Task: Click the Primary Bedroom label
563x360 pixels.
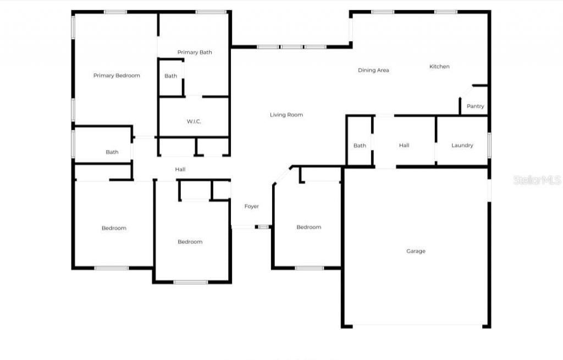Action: (x=117, y=76)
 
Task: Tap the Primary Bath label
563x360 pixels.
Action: (x=195, y=53)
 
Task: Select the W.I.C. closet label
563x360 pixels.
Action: (x=194, y=121)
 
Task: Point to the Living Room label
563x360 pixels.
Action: (x=286, y=115)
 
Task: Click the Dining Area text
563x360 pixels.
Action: (x=373, y=70)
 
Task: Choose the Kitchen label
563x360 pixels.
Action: (x=439, y=67)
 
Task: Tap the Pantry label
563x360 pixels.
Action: (x=475, y=106)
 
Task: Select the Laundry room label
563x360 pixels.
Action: (x=462, y=146)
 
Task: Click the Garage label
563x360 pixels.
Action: (x=416, y=251)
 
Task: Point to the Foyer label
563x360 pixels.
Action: (x=251, y=207)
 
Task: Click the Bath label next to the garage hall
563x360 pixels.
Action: (x=360, y=146)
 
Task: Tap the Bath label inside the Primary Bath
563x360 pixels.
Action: (x=171, y=76)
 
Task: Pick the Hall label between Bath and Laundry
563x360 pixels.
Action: (x=404, y=146)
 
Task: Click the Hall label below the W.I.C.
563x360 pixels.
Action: (x=180, y=170)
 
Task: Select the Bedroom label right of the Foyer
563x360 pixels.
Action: (x=308, y=228)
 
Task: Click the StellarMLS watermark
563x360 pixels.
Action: (x=537, y=180)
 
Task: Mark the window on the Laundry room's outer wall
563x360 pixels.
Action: (x=489, y=145)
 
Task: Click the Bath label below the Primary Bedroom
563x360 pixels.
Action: (x=112, y=152)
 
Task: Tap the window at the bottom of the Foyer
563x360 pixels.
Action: (x=264, y=226)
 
